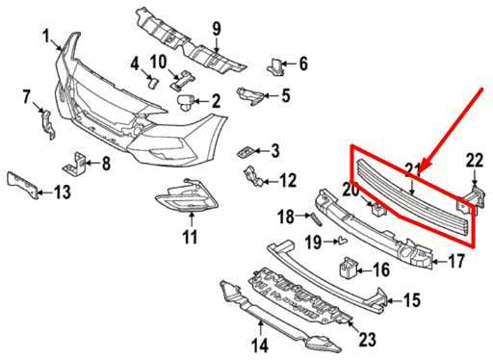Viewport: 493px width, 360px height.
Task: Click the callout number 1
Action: click(45, 37)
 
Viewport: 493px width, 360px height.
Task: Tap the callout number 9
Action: click(216, 27)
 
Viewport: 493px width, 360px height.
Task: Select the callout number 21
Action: click(413, 170)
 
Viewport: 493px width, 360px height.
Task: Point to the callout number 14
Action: click(259, 345)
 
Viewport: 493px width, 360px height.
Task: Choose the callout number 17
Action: click(456, 260)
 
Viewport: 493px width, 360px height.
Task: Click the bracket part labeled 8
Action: click(75, 162)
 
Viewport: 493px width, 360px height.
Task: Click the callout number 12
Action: click(288, 179)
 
